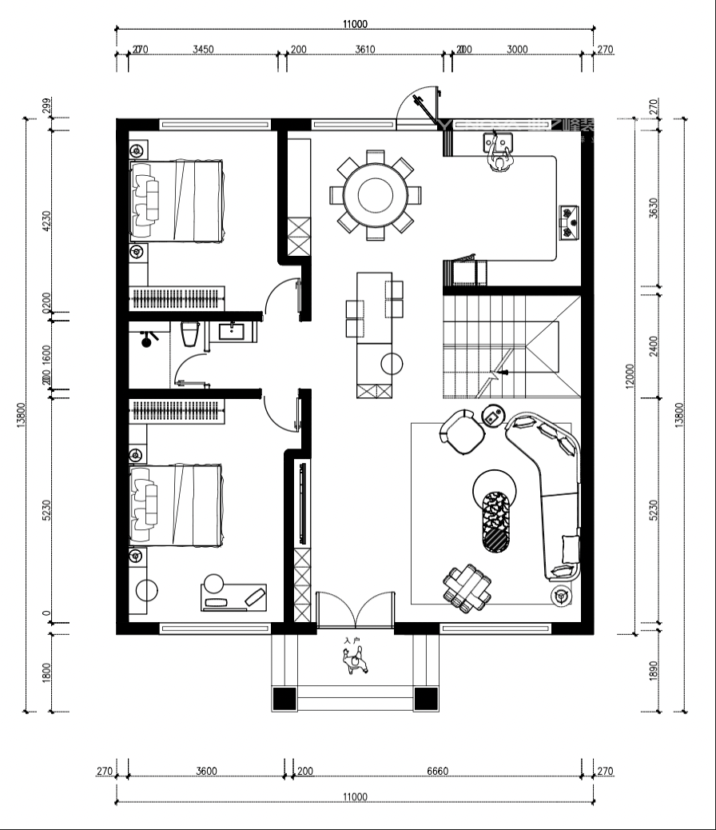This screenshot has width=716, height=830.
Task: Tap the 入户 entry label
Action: tap(352, 640)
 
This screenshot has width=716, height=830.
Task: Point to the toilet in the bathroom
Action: tap(189, 333)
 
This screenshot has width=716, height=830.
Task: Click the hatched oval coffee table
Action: tap(497, 521)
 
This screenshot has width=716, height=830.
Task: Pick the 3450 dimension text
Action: tap(204, 50)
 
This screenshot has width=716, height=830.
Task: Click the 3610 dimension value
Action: tap(365, 50)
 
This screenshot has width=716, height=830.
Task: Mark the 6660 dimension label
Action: tap(438, 772)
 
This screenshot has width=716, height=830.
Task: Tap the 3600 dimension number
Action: tap(205, 772)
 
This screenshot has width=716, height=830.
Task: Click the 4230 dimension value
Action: tap(46, 221)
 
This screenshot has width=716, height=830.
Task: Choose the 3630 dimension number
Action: tap(654, 209)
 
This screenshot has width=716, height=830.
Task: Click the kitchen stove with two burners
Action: tap(570, 221)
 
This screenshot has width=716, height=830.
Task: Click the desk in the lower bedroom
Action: tap(233, 597)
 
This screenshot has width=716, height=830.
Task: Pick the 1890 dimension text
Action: tap(654, 672)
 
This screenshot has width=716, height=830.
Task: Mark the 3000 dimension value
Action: tap(517, 50)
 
